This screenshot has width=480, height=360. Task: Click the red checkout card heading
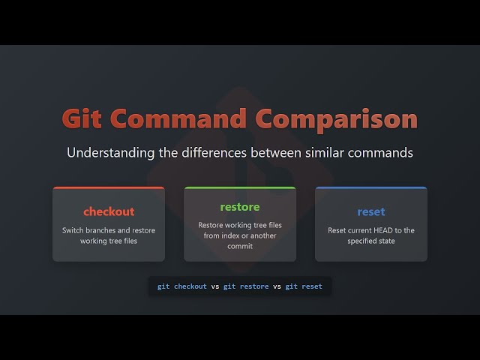coord(109,211)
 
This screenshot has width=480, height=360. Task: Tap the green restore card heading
coord(240,207)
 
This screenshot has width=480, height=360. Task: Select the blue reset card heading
coord(371,211)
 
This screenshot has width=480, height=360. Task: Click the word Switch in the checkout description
coord(74,230)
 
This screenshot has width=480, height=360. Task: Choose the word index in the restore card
coord(229,235)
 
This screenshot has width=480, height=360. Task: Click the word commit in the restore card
coord(240,245)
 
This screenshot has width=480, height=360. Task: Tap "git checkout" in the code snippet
coord(181,286)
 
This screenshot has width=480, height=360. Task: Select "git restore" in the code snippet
coord(245,286)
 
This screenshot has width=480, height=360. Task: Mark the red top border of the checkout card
coord(109,187)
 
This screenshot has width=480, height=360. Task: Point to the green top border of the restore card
coord(240,187)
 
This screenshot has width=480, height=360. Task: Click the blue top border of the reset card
coord(371,187)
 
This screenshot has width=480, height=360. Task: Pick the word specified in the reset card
coord(360,241)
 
